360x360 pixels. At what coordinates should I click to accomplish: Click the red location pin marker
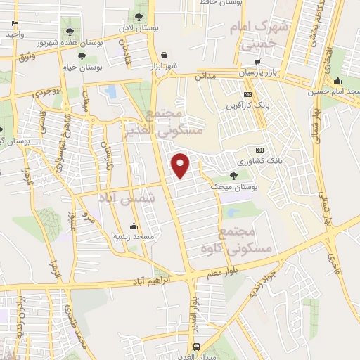tap(181, 164)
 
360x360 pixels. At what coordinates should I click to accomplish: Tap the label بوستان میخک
tap(236, 188)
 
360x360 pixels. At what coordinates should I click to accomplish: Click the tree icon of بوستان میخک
tap(233, 176)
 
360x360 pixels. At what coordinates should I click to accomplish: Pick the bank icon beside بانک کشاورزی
tap(260, 150)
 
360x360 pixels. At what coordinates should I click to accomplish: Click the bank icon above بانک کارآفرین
tap(247, 94)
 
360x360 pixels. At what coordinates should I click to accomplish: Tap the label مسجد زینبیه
tap(134, 237)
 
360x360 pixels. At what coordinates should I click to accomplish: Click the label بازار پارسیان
tap(252, 72)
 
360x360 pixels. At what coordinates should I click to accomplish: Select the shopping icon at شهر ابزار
tap(164, 54)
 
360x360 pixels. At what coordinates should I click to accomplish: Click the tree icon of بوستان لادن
tap(140, 14)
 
